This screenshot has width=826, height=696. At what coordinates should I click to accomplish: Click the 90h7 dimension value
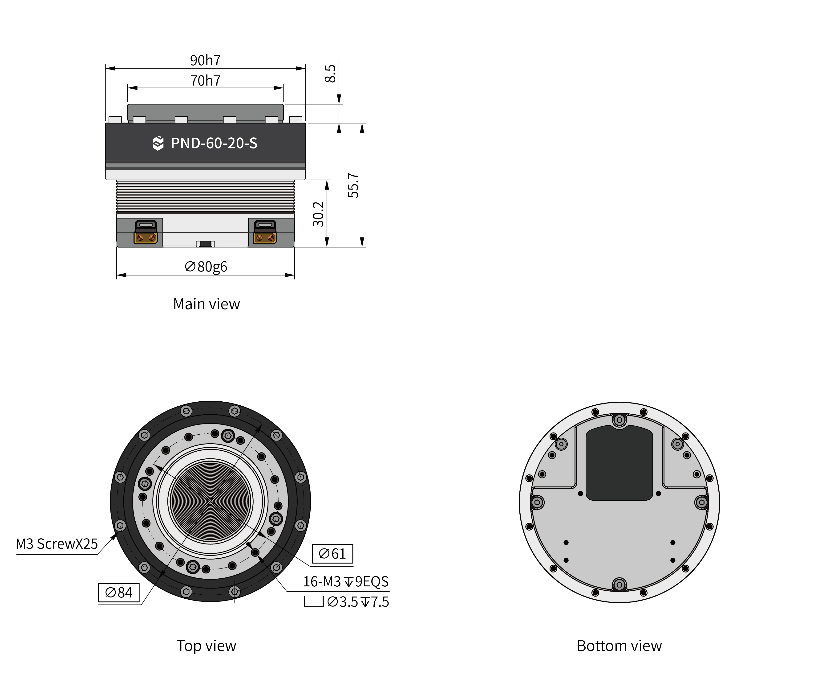pyautogui.click(x=205, y=60)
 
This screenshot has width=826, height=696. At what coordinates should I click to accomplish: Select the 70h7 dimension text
pyautogui.click(x=205, y=81)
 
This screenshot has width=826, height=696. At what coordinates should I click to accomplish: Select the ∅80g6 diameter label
pyautogui.click(x=206, y=267)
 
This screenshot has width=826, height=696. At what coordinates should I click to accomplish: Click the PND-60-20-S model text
pyautogui.click(x=214, y=143)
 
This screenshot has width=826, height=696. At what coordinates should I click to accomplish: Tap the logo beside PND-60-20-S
pyautogui.click(x=158, y=143)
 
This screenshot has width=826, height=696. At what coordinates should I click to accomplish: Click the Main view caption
pyautogui.click(x=206, y=304)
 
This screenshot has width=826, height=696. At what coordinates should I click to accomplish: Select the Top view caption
pyautogui.click(x=206, y=646)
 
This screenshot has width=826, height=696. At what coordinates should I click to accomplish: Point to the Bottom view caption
pyautogui.click(x=619, y=646)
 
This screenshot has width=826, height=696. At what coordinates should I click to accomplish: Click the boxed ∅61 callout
pyautogui.click(x=332, y=554)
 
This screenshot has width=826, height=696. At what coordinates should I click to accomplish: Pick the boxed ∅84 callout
pyautogui.click(x=119, y=592)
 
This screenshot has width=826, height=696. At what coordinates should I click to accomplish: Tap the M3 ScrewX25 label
pyautogui.click(x=57, y=544)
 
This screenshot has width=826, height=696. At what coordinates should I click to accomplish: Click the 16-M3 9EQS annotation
pyautogui.click(x=346, y=581)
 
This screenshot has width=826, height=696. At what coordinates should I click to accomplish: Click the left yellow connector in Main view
pyautogui.click(x=146, y=237)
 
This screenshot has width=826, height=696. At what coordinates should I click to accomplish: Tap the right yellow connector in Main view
pyautogui.click(x=265, y=237)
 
